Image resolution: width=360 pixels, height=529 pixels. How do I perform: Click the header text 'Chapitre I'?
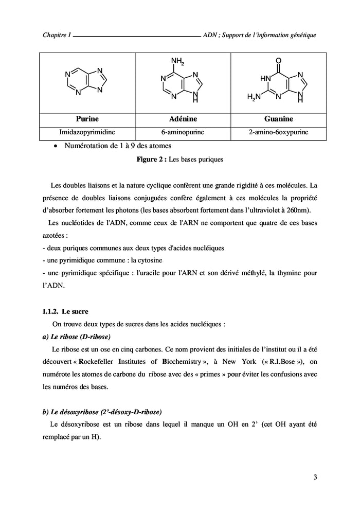(57, 36)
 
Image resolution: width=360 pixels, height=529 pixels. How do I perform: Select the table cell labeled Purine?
(87, 119)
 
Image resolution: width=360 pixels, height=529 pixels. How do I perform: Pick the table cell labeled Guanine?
(278, 119)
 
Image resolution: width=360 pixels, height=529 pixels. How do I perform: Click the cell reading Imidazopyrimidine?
(87, 132)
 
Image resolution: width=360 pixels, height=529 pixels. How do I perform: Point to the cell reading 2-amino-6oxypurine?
(278, 132)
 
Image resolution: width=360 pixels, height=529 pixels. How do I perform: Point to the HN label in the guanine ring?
(265, 79)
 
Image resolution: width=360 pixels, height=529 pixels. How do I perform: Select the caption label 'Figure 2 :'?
(151, 160)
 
